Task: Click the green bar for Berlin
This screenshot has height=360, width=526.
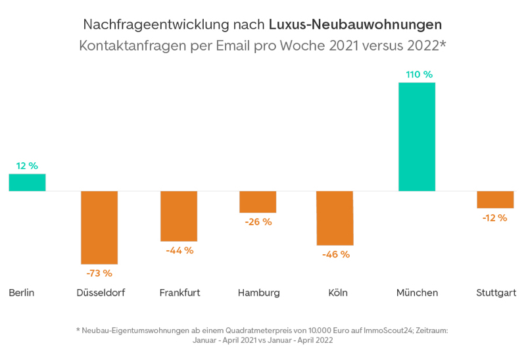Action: pyautogui.click(x=27, y=182)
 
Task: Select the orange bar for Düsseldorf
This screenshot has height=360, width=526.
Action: pyautogui.click(x=99, y=227)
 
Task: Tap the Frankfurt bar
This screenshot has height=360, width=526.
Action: pyautogui.click(x=179, y=216)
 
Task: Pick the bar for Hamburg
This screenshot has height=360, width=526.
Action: pyautogui.click(x=258, y=202)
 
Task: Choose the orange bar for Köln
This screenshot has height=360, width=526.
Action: pyautogui.click(x=335, y=218)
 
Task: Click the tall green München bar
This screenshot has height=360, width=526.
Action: pyautogui.click(x=417, y=137)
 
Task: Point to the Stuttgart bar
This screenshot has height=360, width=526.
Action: pyautogui.click(x=495, y=200)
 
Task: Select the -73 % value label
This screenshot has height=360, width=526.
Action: pyautogui.click(x=99, y=273)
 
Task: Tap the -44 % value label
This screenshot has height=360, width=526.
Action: pyautogui.click(x=179, y=250)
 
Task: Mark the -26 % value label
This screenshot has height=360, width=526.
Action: pyautogui.click(x=258, y=222)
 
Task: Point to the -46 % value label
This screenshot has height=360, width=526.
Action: pyautogui.click(x=336, y=254)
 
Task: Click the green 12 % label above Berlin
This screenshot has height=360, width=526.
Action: pyautogui.click(x=27, y=166)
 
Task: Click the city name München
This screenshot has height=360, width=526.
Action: pyautogui.click(x=417, y=292)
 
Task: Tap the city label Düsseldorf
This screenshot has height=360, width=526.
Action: pyautogui.click(x=101, y=292)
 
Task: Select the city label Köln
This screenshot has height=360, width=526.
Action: pyautogui.click(x=337, y=292)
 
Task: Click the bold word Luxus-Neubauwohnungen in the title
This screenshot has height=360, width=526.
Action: pyautogui.click(x=355, y=25)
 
